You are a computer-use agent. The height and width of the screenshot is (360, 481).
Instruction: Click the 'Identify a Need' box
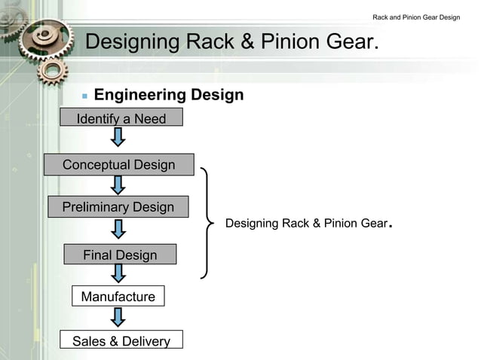click(121, 118)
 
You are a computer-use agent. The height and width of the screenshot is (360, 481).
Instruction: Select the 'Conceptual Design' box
click(118, 164)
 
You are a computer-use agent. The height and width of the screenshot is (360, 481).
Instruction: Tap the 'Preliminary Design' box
click(118, 206)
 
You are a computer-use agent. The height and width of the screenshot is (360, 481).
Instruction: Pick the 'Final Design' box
click(120, 255)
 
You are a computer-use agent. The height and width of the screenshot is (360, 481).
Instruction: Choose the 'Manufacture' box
click(118, 297)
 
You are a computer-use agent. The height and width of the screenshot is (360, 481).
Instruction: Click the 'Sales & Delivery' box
click(121, 341)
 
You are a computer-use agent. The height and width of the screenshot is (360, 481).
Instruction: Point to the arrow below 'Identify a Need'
click(118, 137)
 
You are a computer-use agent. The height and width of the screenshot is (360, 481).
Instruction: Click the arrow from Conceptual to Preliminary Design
click(118, 185)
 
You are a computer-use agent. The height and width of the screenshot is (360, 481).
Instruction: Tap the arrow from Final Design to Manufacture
click(118, 275)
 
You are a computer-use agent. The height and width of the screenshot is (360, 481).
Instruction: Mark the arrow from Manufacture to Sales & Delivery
click(118, 318)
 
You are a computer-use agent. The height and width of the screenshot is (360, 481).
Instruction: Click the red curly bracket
click(208, 222)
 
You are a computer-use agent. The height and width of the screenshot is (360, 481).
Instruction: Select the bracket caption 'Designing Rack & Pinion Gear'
click(306, 224)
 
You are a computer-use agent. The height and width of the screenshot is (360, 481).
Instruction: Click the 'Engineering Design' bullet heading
click(168, 95)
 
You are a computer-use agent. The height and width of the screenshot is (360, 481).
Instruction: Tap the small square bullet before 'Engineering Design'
click(84, 96)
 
